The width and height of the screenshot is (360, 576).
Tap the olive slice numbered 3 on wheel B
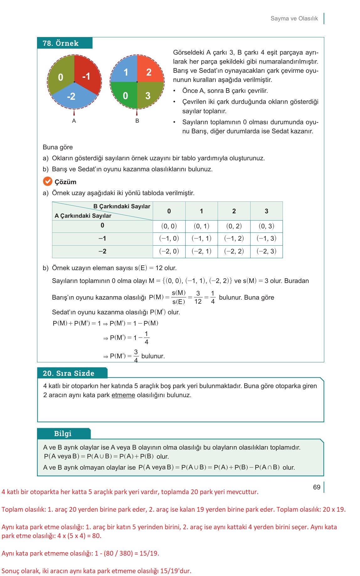pos(148,95)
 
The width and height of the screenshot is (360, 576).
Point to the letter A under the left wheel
pos(74,121)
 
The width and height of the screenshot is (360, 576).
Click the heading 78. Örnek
pos(61,43)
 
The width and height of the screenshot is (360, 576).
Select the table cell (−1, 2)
pos(234,238)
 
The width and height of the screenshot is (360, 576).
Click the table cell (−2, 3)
pos(266,251)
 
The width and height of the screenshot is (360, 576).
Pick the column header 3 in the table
pos(266,211)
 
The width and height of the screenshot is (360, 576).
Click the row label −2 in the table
pos(102,251)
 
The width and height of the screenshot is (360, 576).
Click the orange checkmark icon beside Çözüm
pos(47,181)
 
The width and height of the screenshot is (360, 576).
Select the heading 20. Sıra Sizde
pos(68,373)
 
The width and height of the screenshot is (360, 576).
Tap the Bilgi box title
pos(63,434)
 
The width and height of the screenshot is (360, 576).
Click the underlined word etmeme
pos(123,395)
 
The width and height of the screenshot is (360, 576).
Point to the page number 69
pos(317,487)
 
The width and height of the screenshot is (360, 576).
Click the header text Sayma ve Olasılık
pos(294,19)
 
